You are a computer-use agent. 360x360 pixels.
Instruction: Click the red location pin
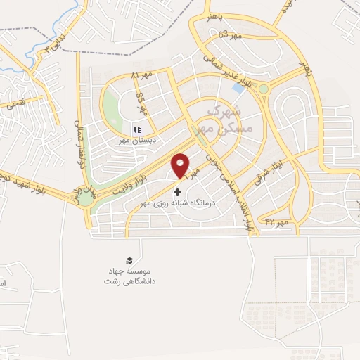[181, 165]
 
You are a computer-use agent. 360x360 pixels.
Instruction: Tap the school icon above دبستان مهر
[137, 129]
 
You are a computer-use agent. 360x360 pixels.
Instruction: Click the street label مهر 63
[231, 35]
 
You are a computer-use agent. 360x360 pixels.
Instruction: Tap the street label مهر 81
[146, 75]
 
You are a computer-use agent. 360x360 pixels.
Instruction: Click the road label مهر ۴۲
[278, 223]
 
